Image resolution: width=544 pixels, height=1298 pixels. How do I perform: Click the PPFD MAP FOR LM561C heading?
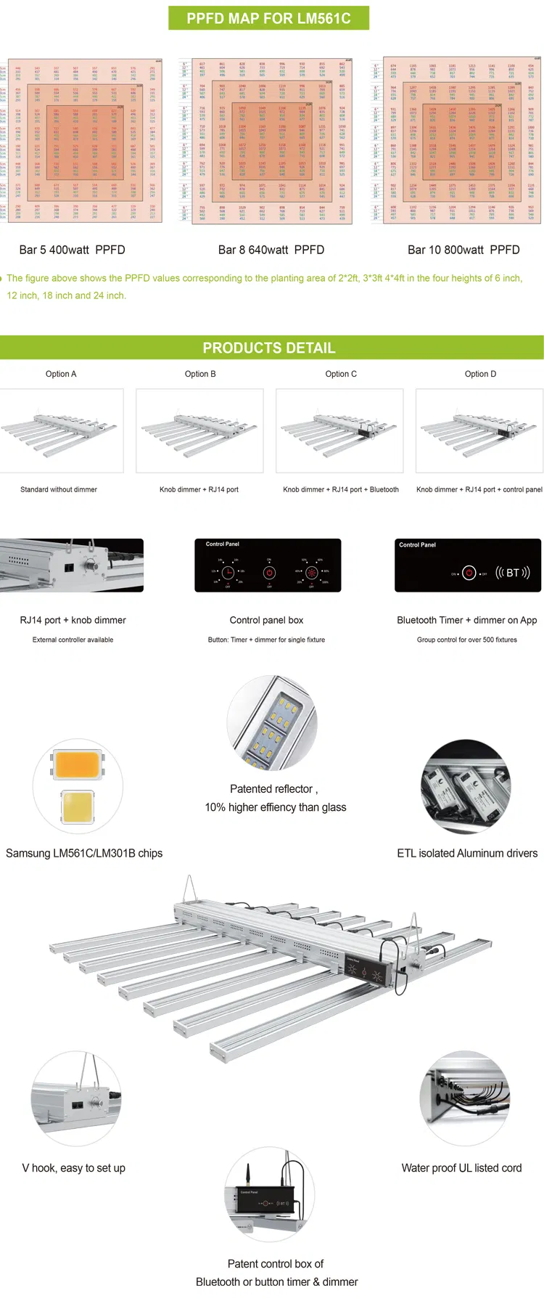click(x=268, y=19)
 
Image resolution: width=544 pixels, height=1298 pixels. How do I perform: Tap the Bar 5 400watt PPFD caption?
click(x=72, y=250)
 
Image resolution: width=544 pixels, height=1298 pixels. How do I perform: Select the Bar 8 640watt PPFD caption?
click(x=271, y=250)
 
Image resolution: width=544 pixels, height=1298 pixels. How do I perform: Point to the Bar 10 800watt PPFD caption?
click(x=463, y=250)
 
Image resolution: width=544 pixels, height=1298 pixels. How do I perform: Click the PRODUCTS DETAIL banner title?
click(x=269, y=348)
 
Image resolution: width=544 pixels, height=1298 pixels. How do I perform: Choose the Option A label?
click(x=61, y=374)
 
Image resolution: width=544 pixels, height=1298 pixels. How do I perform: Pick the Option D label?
click(x=480, y=374)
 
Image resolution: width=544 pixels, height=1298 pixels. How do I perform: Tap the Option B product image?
click(x=199, y=430)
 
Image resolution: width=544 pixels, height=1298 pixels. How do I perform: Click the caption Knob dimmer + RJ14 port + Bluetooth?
click(x=341, y=489)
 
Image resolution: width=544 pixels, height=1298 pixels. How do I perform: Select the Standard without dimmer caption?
click(x=59, y=489)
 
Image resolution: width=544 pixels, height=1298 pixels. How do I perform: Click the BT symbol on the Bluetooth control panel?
click(x=512, y=573)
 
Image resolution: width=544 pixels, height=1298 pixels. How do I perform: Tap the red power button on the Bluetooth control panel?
click(x=469, y=574)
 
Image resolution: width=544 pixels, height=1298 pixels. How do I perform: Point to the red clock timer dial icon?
click(x=228, y=572)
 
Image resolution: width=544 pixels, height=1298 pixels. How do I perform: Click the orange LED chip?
click(x=77, y=764)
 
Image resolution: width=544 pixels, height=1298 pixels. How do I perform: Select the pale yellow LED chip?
click(x=77, y=807)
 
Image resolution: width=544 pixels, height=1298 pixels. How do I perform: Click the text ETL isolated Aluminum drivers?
click(x=467, y=853)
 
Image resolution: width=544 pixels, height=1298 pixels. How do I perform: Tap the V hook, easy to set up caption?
click(x=74, y=1168)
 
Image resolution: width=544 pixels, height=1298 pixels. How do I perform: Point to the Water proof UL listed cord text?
click(x=461, y=1168)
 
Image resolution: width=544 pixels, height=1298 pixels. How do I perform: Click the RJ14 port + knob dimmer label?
click(x=73, y=620)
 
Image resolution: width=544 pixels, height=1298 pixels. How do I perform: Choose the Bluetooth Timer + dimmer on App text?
click(x=467, y=620)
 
